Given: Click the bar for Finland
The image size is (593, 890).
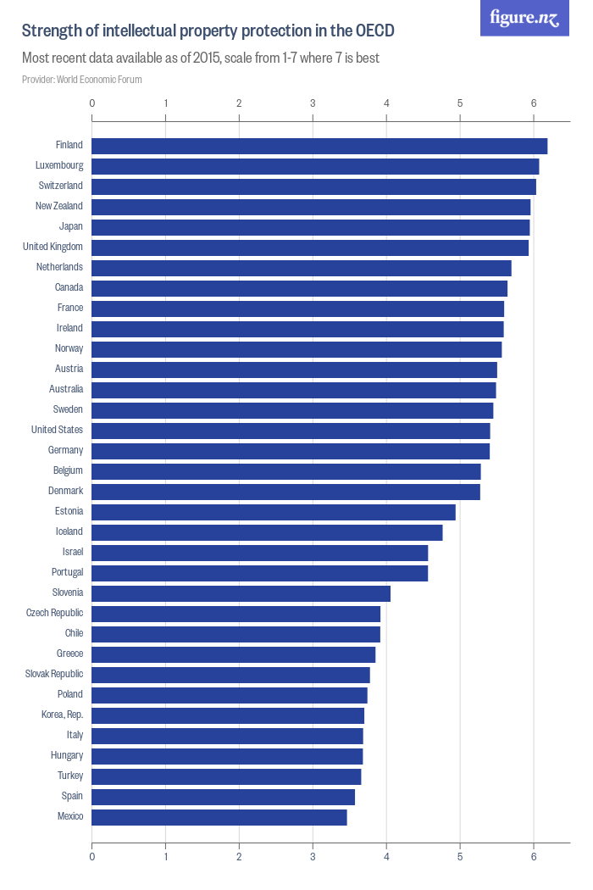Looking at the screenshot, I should (319, 146).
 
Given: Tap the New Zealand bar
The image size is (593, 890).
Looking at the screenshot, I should (311, 207).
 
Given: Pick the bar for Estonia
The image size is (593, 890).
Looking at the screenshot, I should (274, 512).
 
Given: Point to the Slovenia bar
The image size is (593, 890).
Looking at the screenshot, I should (241, 593).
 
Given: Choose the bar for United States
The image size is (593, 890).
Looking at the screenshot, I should (291, 431).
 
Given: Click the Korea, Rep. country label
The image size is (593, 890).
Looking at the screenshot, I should (62, 715).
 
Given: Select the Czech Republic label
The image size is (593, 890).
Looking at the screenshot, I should (54, 613).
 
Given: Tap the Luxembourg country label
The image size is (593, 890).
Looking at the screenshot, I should (59, 165).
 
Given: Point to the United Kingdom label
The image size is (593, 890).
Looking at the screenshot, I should (53, 247).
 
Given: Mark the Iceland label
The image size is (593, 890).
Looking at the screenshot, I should (69, 531).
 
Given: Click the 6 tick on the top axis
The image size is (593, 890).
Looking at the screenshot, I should (534, 103).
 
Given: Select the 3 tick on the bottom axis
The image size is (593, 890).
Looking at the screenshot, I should (313, 857).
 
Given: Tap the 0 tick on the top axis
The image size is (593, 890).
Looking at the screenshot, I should (91, 103).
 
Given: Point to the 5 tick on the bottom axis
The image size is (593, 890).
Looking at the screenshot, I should (460, 857).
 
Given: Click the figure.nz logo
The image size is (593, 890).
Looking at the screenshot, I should (524, 18).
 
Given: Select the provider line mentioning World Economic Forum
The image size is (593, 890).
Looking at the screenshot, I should (82, 80).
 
